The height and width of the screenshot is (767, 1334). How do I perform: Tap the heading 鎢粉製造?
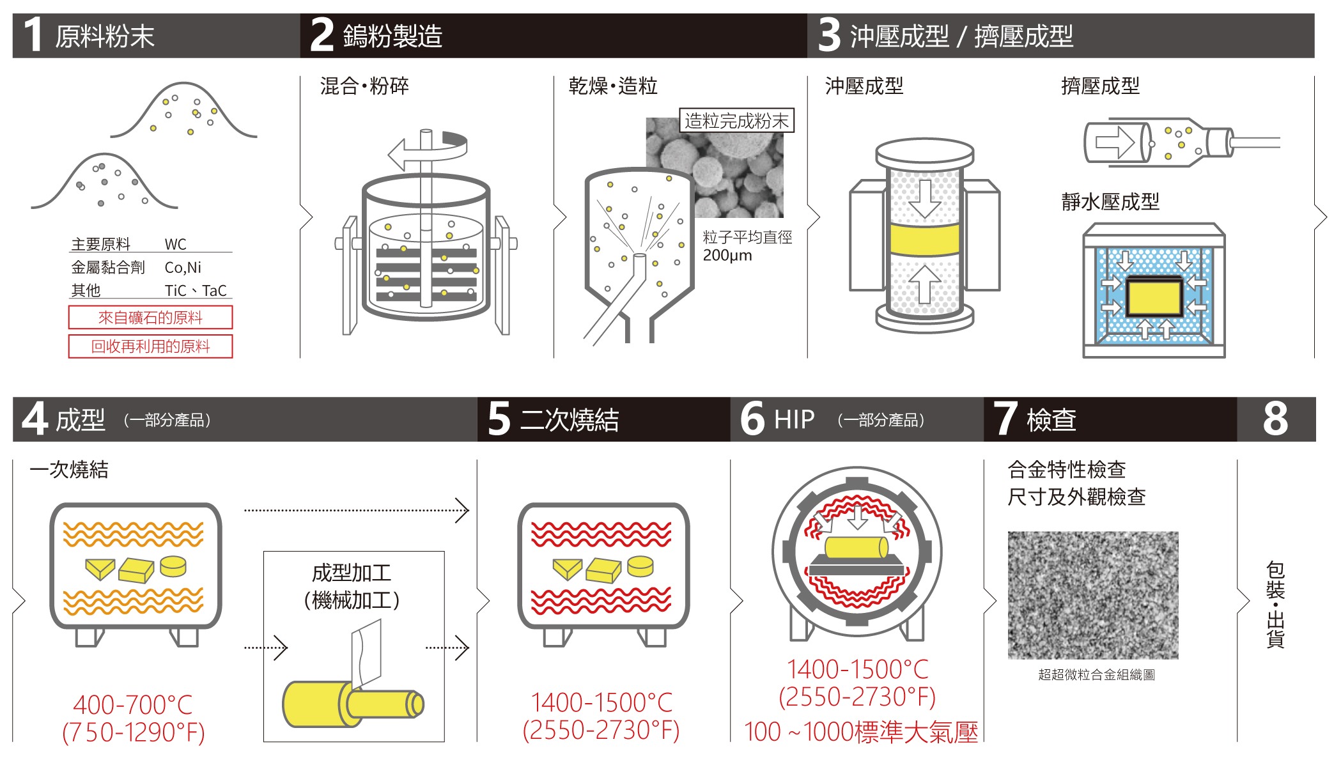click(x=392, y=36)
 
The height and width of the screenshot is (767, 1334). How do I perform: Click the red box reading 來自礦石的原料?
click(x=150, y=318)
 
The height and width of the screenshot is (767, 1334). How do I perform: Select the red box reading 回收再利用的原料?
click(x=150, y=346)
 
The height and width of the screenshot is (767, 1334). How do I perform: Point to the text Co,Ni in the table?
click(x=183, y=268)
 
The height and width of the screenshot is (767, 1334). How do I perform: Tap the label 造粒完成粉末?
click(x=736, y=121)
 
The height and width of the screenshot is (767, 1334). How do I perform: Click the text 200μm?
click(x=727, y=256)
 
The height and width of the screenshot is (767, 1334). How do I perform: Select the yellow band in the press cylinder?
click(x=924, y=239)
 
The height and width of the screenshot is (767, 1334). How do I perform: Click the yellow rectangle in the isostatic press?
click(x=1154, y=297)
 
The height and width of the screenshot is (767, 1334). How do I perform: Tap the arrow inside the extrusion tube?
click(x=1115, y=142)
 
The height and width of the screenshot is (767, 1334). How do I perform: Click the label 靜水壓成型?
click(x=1110, y=202)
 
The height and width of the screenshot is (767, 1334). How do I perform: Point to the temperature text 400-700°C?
click(x=133, y=705)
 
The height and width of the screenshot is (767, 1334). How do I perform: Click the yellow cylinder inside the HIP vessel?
click(x=856, y=547)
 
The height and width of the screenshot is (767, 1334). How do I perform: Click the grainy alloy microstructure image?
click(x=1092, y=594)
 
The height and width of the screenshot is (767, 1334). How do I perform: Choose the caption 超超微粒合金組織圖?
click(x=1096, y=675)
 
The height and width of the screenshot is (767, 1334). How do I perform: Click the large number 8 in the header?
click(x=1275, y=419)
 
